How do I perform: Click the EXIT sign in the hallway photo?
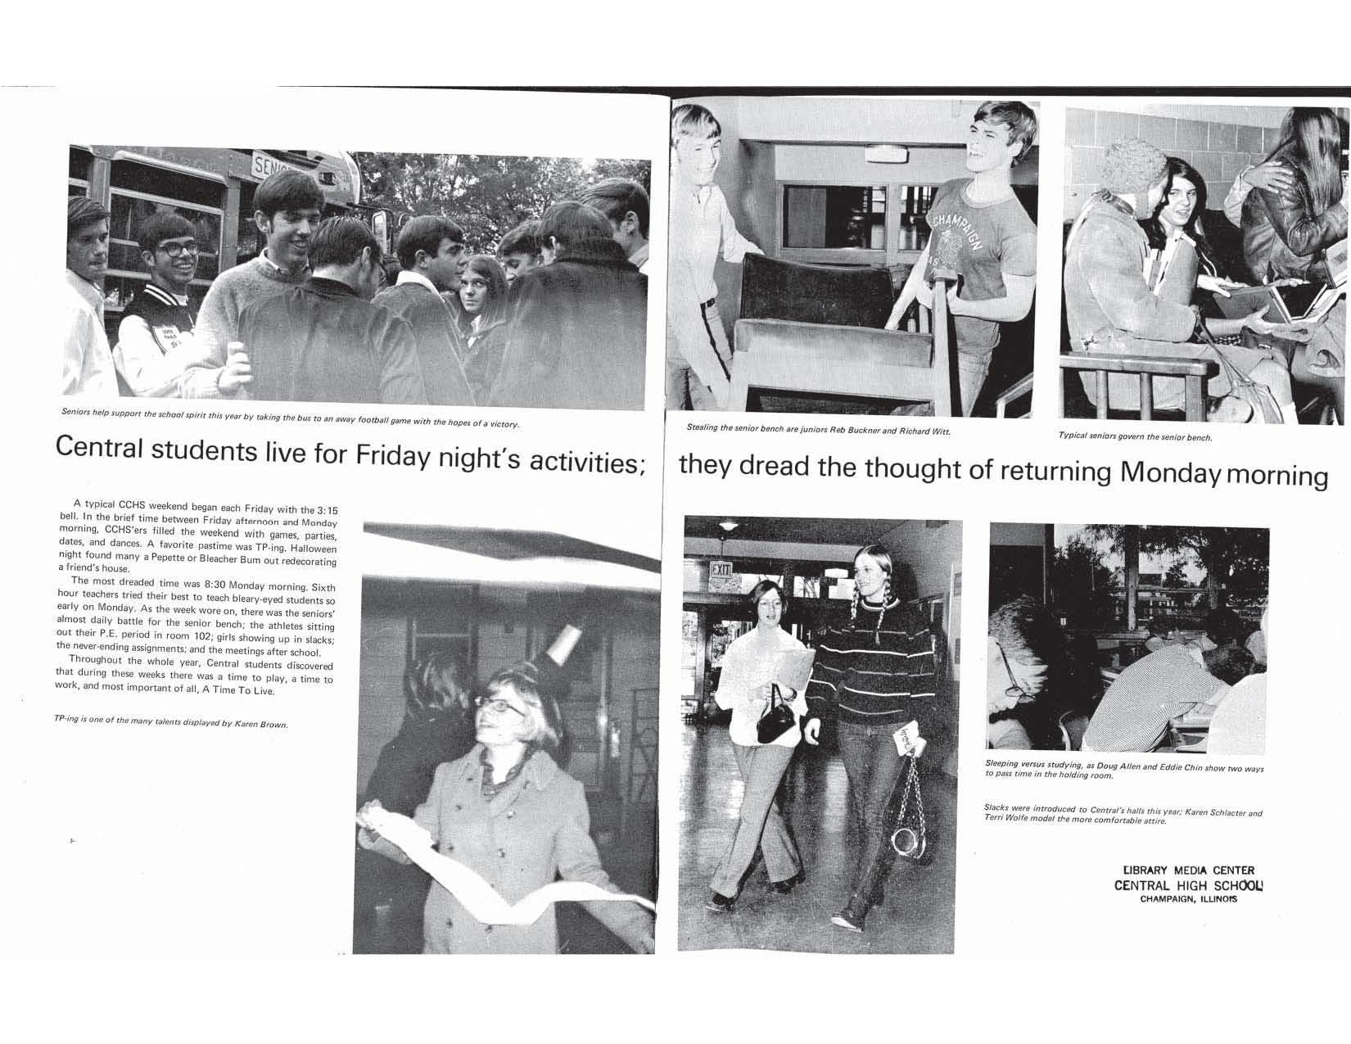[x=721, y=567]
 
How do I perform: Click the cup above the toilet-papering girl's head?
[x=565, y=646]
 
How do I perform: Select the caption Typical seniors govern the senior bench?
[x=1135, y=436]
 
